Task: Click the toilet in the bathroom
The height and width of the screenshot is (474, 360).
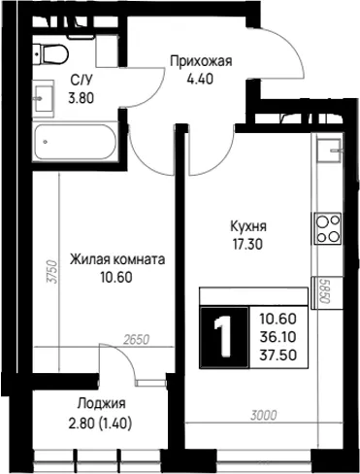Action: (x=50, y=53)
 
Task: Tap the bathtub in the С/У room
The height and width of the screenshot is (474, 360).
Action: (x=75, y=142)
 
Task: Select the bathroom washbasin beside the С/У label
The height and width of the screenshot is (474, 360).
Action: (x=44, y=98)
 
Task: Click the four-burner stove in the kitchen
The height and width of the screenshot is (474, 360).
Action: (x=327, y=228)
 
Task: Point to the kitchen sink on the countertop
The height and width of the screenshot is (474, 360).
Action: (x=329, y=151)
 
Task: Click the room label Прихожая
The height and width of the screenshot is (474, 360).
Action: (x=201, y=61)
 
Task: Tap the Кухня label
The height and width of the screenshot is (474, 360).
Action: (x=248, y=226)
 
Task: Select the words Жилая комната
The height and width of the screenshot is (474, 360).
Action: (x=117, y=259)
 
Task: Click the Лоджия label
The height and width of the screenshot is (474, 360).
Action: (x=101, y=404)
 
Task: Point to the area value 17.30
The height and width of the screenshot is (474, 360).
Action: (x=248, y=245)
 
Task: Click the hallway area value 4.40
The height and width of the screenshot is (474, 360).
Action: (x=200, y=79)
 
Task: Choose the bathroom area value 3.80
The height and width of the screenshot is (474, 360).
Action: (x=81, y=98)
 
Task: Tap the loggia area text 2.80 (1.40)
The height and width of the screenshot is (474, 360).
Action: (x=100, y=423)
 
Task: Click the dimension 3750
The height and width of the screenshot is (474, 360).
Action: (x=51, y=272)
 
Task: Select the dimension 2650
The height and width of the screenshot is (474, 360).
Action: (x=137, y=340)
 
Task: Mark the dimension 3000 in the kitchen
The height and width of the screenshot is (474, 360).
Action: (x=264, y=415)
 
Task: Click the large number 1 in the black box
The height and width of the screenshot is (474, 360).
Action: (x=223, y=337)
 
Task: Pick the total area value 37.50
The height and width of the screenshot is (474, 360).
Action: (x=278, y=355)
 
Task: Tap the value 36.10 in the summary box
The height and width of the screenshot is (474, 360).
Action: (x=278, y=337)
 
